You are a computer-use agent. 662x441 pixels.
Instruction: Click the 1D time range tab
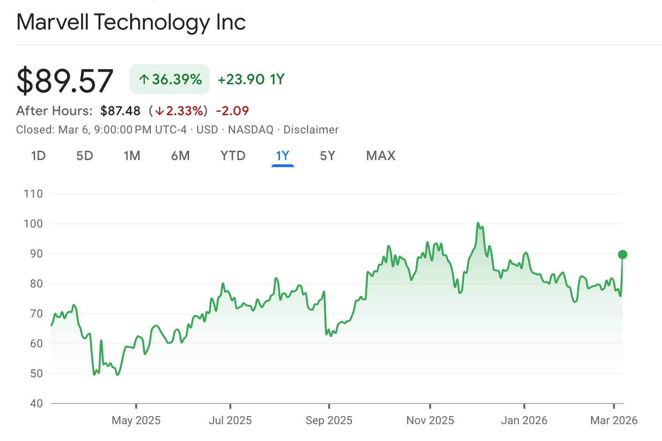pos(38,156)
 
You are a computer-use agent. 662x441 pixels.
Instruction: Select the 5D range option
pos(85,156)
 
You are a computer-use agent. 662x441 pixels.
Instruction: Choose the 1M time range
pos(132,156)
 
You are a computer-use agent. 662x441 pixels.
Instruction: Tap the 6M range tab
pos(180,156)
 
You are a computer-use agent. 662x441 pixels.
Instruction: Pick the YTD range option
pos(233,156)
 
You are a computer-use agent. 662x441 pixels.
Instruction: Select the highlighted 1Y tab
pos(283,156)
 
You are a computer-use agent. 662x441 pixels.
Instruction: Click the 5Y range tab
pos(328,156)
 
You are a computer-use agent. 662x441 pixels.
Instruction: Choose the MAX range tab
pos(381,156)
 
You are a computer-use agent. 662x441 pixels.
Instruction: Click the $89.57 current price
pos(65,81)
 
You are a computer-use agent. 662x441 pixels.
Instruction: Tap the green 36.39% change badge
pos(169,80)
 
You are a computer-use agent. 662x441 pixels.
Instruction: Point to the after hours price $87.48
pos(120,111)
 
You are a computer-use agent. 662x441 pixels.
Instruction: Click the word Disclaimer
pos(311,130)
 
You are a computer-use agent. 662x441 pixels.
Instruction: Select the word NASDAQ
pos(250,130)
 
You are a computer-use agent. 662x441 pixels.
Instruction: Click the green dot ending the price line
pos(622,255)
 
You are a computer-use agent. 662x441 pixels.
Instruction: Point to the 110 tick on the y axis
pos(33,194)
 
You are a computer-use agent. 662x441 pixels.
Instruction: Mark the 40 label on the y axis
pos(36,404)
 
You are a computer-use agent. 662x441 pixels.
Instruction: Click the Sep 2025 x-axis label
pos(329,420)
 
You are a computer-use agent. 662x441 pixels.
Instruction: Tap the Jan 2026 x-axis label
pos(524,420)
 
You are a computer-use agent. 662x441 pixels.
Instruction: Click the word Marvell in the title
pos(52,22)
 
